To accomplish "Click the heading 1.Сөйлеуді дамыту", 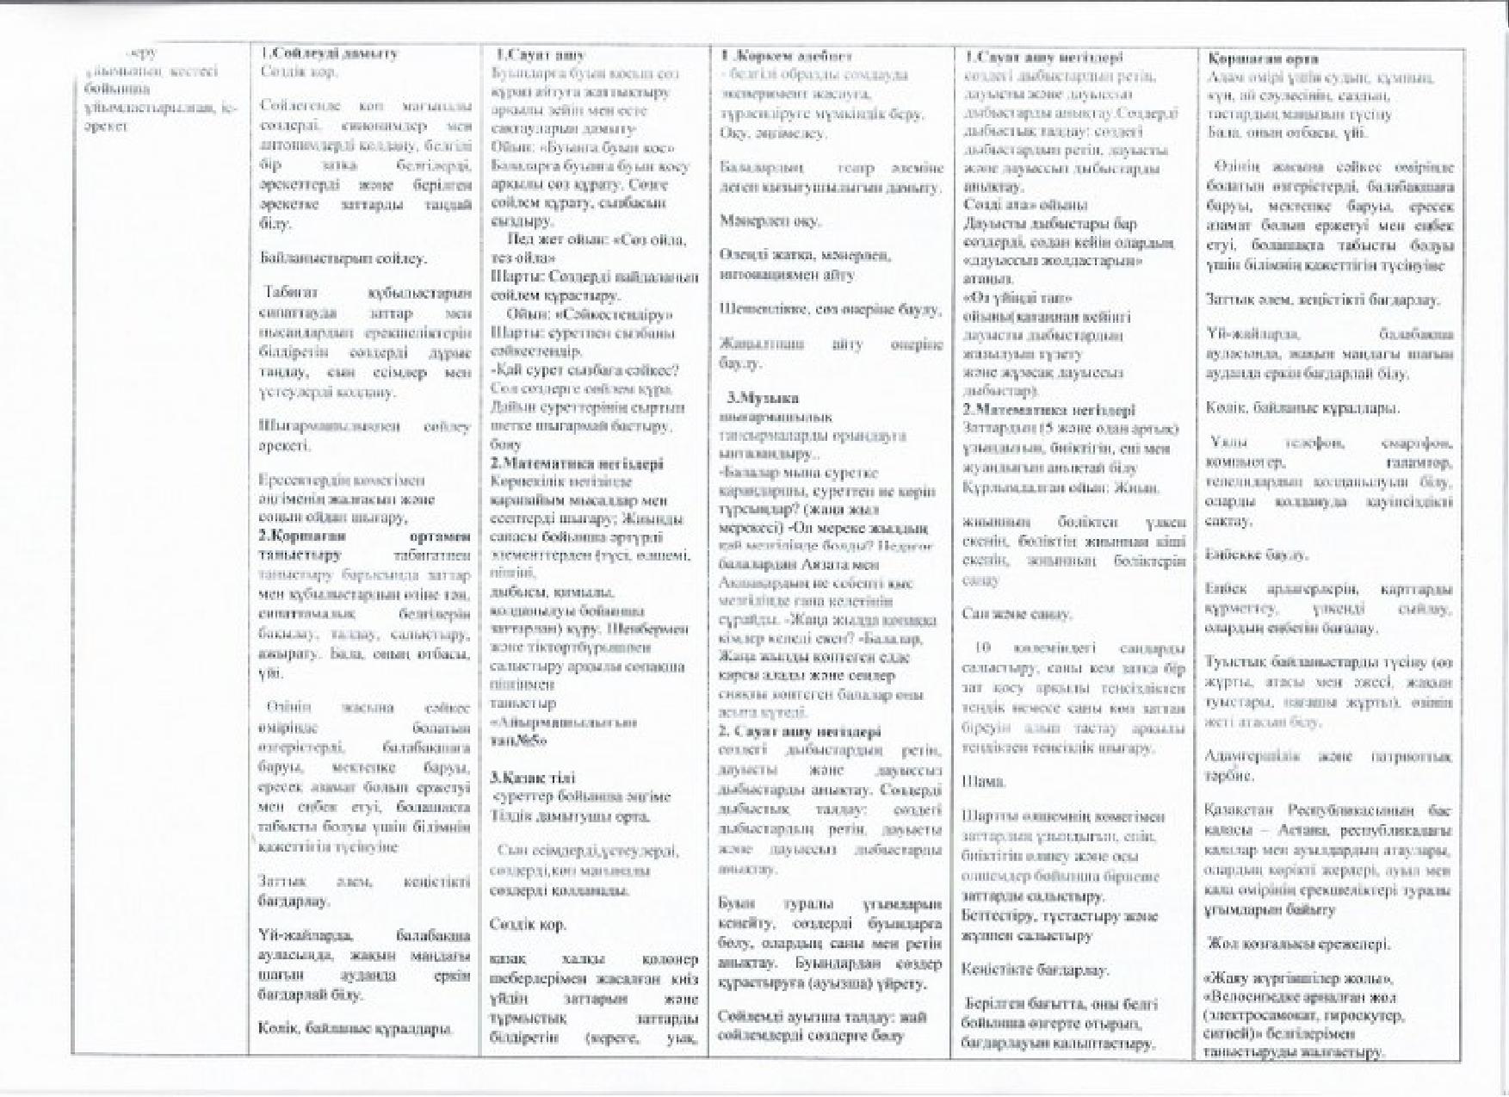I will (x=330, y=53).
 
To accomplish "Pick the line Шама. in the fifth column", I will (x=983, y=781).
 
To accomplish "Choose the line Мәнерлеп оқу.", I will (x=770, y=220).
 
